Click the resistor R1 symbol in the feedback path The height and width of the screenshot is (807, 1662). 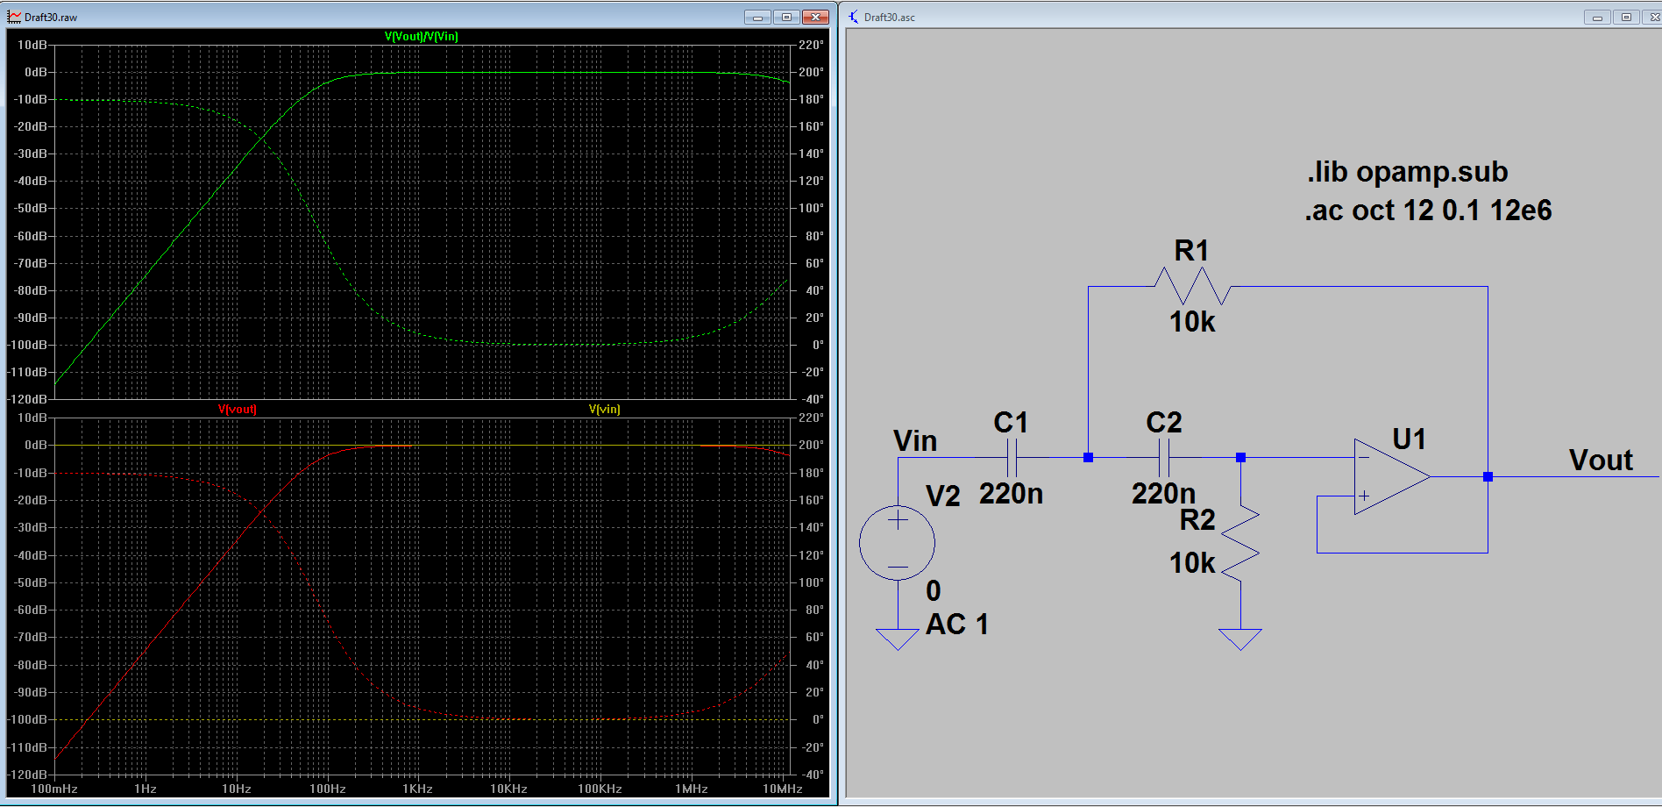click(1192, 286)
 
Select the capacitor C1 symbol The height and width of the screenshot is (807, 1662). click(1012, 458)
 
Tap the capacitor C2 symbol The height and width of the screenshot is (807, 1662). click(1164, 458)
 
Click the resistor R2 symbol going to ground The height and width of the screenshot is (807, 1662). click(1240, 544)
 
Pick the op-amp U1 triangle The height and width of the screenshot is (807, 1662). click(1389, 477)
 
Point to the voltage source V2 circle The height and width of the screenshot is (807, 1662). click(898, 543)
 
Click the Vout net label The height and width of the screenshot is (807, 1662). click(1601, 461)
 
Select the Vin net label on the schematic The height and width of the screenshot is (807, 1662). click(915, 441)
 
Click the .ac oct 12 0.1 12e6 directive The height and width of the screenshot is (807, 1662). click(1428, 211)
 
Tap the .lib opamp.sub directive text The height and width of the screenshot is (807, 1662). click(1407, 172)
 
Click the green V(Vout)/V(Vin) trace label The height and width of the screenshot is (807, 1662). click(422, 36)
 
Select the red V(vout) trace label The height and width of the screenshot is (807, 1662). click(238, 410)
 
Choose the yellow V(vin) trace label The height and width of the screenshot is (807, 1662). click(605, 410)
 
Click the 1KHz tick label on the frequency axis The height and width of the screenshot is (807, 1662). click(417, 789)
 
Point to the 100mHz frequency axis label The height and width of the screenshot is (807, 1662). click(54, 789)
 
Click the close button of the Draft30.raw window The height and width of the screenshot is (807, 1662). click(815, 17)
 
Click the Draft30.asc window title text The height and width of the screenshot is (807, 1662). click(889, 17)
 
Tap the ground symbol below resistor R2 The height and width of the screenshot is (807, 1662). click(1240, 638)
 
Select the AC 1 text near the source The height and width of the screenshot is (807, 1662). click(957, 625)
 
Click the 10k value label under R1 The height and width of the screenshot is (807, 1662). click(1192, 323)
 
